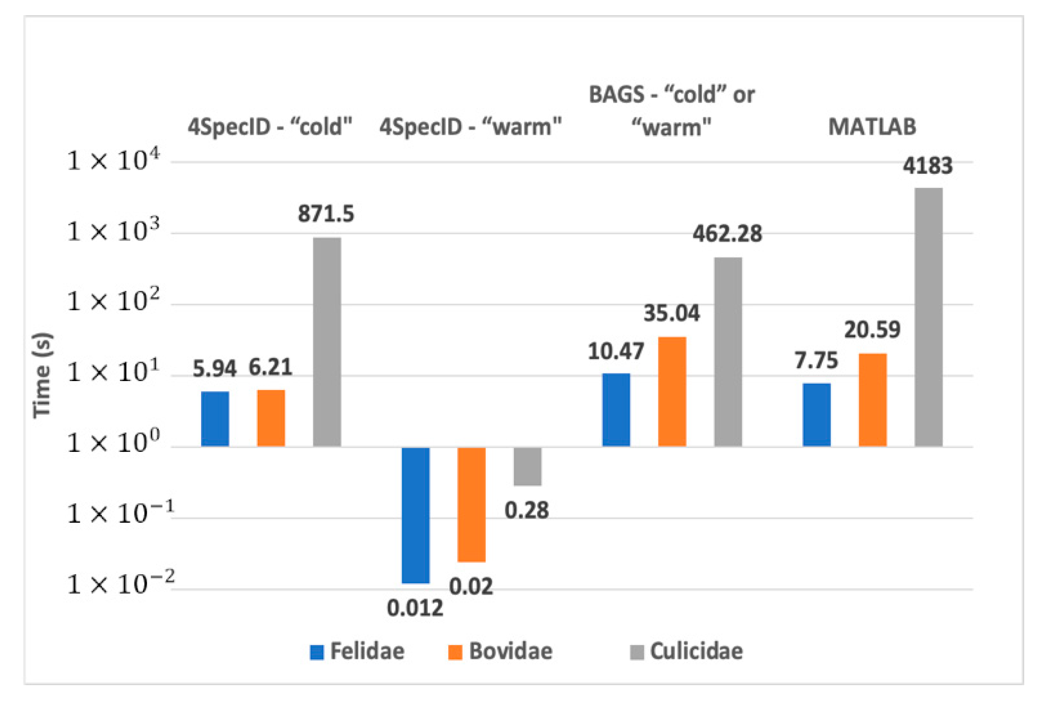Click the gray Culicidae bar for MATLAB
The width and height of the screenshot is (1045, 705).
click(x=928, y=316)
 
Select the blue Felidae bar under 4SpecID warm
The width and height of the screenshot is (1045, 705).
click(x=415, y=515)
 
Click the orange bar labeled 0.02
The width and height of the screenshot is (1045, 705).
click(x=471, y=504)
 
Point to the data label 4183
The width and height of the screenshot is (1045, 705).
click(x=927, y=166)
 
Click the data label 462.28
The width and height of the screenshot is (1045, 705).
click(x=727, y=234)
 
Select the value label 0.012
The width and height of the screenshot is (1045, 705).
click(x=415, y=608)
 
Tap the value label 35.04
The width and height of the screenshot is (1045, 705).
click(x=671, y=313)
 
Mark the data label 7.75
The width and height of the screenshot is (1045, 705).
click(x=816, y=361)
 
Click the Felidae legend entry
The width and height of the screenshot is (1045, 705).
click(x=357, y=651)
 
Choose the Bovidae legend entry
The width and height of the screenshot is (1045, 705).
click(x=500, y=651)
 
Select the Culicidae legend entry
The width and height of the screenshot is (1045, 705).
click(x=687, y=651)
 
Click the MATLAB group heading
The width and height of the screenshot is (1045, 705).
click(x=872, y=127)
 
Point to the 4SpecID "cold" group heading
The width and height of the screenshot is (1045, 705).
click(x=270, y=127)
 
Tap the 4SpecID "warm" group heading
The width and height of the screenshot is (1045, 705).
click(x=471, y=127)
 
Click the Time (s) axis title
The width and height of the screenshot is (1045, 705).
click(x=42, y=375)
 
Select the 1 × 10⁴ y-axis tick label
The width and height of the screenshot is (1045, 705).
click(x=114, y=161)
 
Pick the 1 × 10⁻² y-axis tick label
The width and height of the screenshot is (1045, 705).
click(x=120, y=584)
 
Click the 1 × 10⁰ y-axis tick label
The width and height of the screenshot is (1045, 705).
click(x=114, y=442)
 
